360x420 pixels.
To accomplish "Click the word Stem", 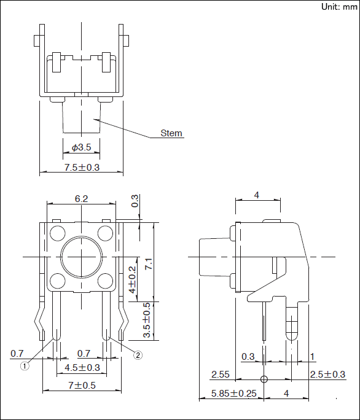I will (171, 133).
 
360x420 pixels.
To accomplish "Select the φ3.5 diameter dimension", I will (81, 147).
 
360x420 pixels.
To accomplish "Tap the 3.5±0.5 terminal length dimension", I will (147, 320).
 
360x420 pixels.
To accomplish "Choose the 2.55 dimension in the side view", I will (221, 374).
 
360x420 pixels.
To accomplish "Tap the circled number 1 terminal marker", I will (25, 366).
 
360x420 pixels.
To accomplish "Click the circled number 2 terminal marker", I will (138, 354).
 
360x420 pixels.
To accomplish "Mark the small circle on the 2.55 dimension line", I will (264, 379).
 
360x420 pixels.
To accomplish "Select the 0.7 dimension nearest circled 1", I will (17, 353).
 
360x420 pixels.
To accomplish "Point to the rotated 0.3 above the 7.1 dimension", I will (135, 201).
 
